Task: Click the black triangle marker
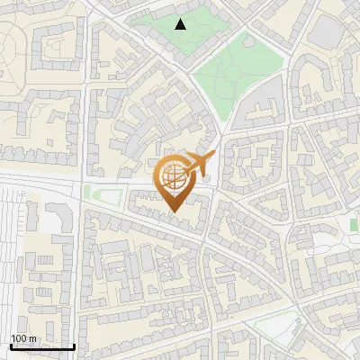tap(181, 24)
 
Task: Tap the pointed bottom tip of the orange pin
tap(174, 211)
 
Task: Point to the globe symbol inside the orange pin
tap(174, 177)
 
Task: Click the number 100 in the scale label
tap(20, 338)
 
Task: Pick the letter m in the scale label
tap(33, 338)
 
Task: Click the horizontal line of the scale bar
tap(42, 346)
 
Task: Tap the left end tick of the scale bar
tap(11, 345)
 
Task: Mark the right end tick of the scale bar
tap(74, 345)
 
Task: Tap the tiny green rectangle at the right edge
tap(355, 224)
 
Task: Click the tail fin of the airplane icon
tap(208, 157)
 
